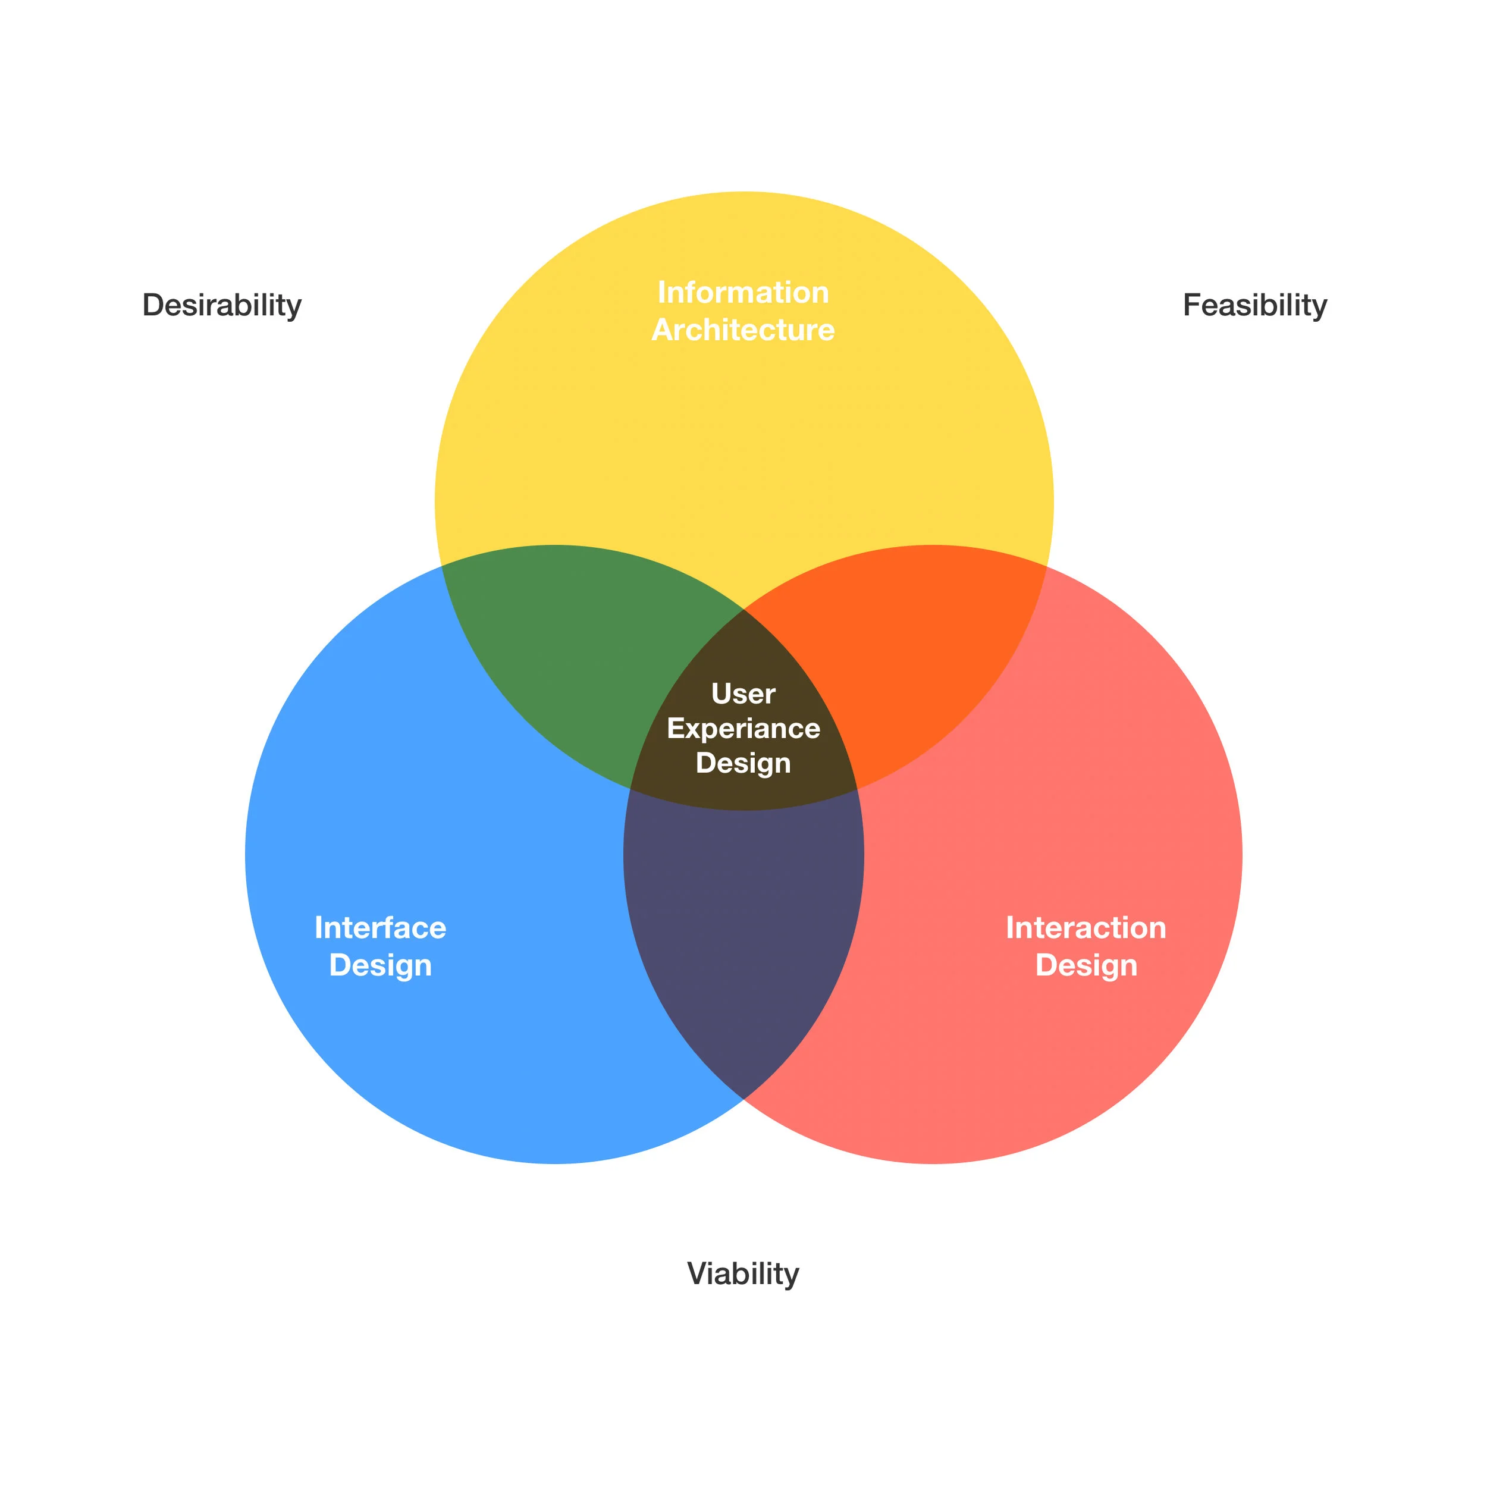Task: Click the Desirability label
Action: point(222,306)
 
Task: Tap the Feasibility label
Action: point(1254,306)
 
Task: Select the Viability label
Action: point(743,1274)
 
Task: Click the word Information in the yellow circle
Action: point(743,293)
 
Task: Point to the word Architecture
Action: point(743,330)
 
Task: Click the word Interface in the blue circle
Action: point(380,927)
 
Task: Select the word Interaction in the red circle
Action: point(1086,927)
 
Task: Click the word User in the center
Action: point(743,694)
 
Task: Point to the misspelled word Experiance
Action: point(743,728)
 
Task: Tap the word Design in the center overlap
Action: point(743,763)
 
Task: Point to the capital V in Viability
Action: point(697,1274)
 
